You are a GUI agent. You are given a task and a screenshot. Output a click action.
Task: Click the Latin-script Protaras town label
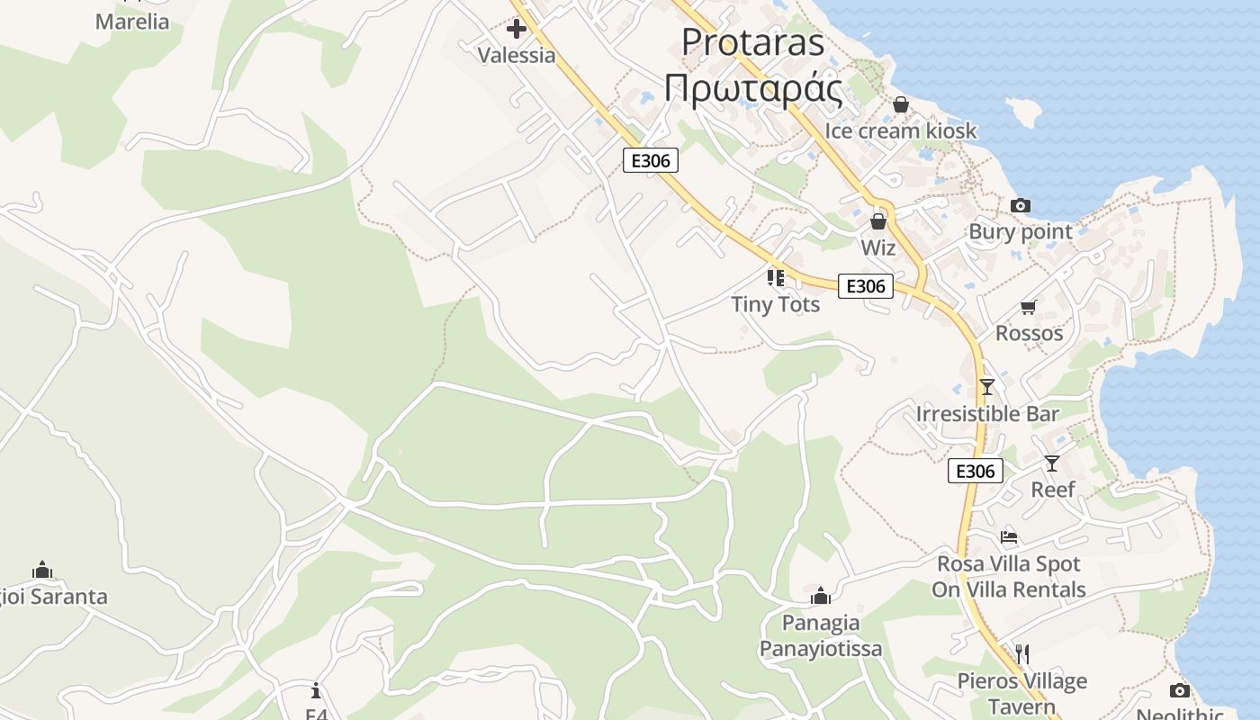[x=752, y=42]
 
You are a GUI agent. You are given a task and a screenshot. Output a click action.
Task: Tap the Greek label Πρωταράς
[x=752, y=88]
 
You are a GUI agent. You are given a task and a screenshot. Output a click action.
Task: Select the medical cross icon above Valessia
[x=517, y=30]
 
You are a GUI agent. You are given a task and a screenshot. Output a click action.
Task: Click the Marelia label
[x=132, y=22]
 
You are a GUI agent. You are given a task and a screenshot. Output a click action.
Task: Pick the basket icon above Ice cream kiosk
[x=900, y=105]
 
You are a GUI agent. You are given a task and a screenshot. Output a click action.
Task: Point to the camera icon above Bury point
[x=1020, y=206]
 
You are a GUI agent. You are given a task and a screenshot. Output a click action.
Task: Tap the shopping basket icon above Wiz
[x=878, y=221]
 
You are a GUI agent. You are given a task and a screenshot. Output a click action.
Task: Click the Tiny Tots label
[x=775, y=304]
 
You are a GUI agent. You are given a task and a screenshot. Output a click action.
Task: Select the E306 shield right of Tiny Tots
[x=866, y=286]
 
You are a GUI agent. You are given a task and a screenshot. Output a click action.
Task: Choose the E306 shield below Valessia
[x=650, y=160]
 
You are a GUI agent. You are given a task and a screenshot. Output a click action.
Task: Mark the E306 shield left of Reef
[x=975, y=471]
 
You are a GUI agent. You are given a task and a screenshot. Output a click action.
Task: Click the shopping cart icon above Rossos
[x=1029, y=307]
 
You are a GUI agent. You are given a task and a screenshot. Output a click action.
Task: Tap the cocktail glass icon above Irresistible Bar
[x=987, y=387]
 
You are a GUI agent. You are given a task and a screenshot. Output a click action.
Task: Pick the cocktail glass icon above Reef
[x=1051, y=463]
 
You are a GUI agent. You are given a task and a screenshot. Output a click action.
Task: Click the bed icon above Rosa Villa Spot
[x=1009, y=537]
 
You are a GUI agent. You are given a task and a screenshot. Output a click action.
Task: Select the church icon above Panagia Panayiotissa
[x=820, y=596]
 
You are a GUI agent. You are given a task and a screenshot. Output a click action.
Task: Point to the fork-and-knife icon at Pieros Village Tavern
[x=1021, y=653]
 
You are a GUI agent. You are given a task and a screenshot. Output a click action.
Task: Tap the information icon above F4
[x=316, y=690]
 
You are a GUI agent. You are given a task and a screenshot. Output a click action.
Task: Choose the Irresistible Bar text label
[x=987, y=414]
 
